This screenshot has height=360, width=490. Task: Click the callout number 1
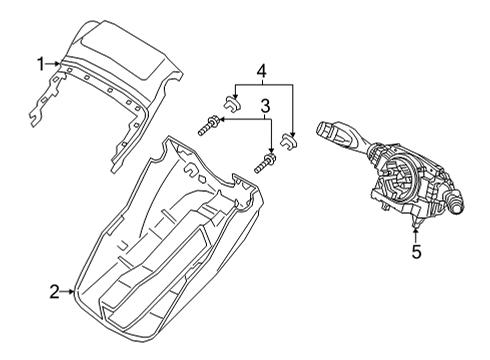41,64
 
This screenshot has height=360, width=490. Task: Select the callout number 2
54,292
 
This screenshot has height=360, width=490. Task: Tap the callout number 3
266,105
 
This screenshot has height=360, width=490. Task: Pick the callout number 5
416,252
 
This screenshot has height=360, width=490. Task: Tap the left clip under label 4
230,100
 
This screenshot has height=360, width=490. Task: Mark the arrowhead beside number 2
74,292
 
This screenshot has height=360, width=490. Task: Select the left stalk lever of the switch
336,130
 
